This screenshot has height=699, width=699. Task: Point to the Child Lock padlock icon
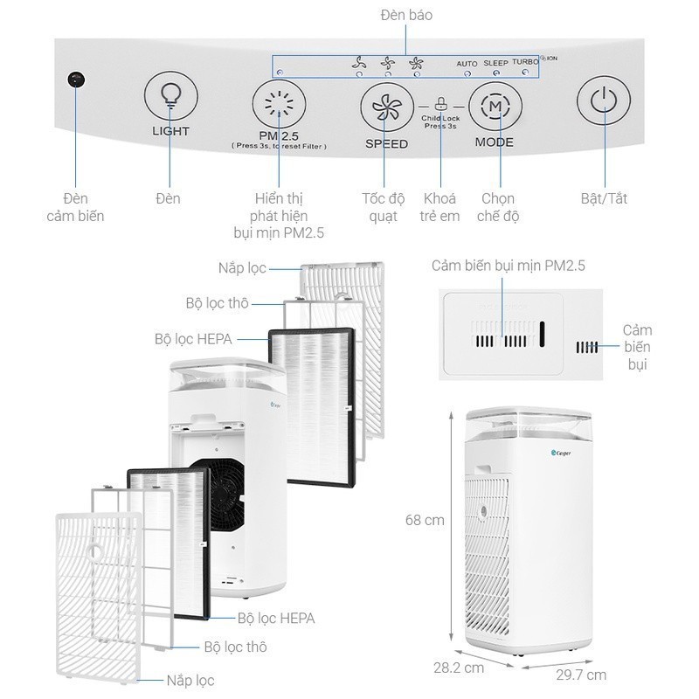click(x=440, y=101)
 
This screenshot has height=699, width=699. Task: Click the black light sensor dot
click(x=75, y=80)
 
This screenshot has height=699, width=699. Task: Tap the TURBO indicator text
click(x=525, y=62)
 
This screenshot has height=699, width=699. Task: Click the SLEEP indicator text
click(x=495, y=63)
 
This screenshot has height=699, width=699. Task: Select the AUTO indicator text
click(x=467, y=64)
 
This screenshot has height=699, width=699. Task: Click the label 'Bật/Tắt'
click(x=604, y=198)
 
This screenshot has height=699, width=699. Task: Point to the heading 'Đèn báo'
click(x=406, y=15)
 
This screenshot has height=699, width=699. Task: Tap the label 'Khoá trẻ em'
click(x=439, y=207)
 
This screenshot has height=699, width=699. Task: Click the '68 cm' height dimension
click(x=425, y=521)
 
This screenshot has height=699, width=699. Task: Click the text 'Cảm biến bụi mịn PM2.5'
click(x=508, y=265)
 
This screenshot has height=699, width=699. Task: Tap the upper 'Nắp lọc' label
click(x=242, y=267)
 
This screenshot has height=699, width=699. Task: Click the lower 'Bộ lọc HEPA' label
click(x=276, y=619)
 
